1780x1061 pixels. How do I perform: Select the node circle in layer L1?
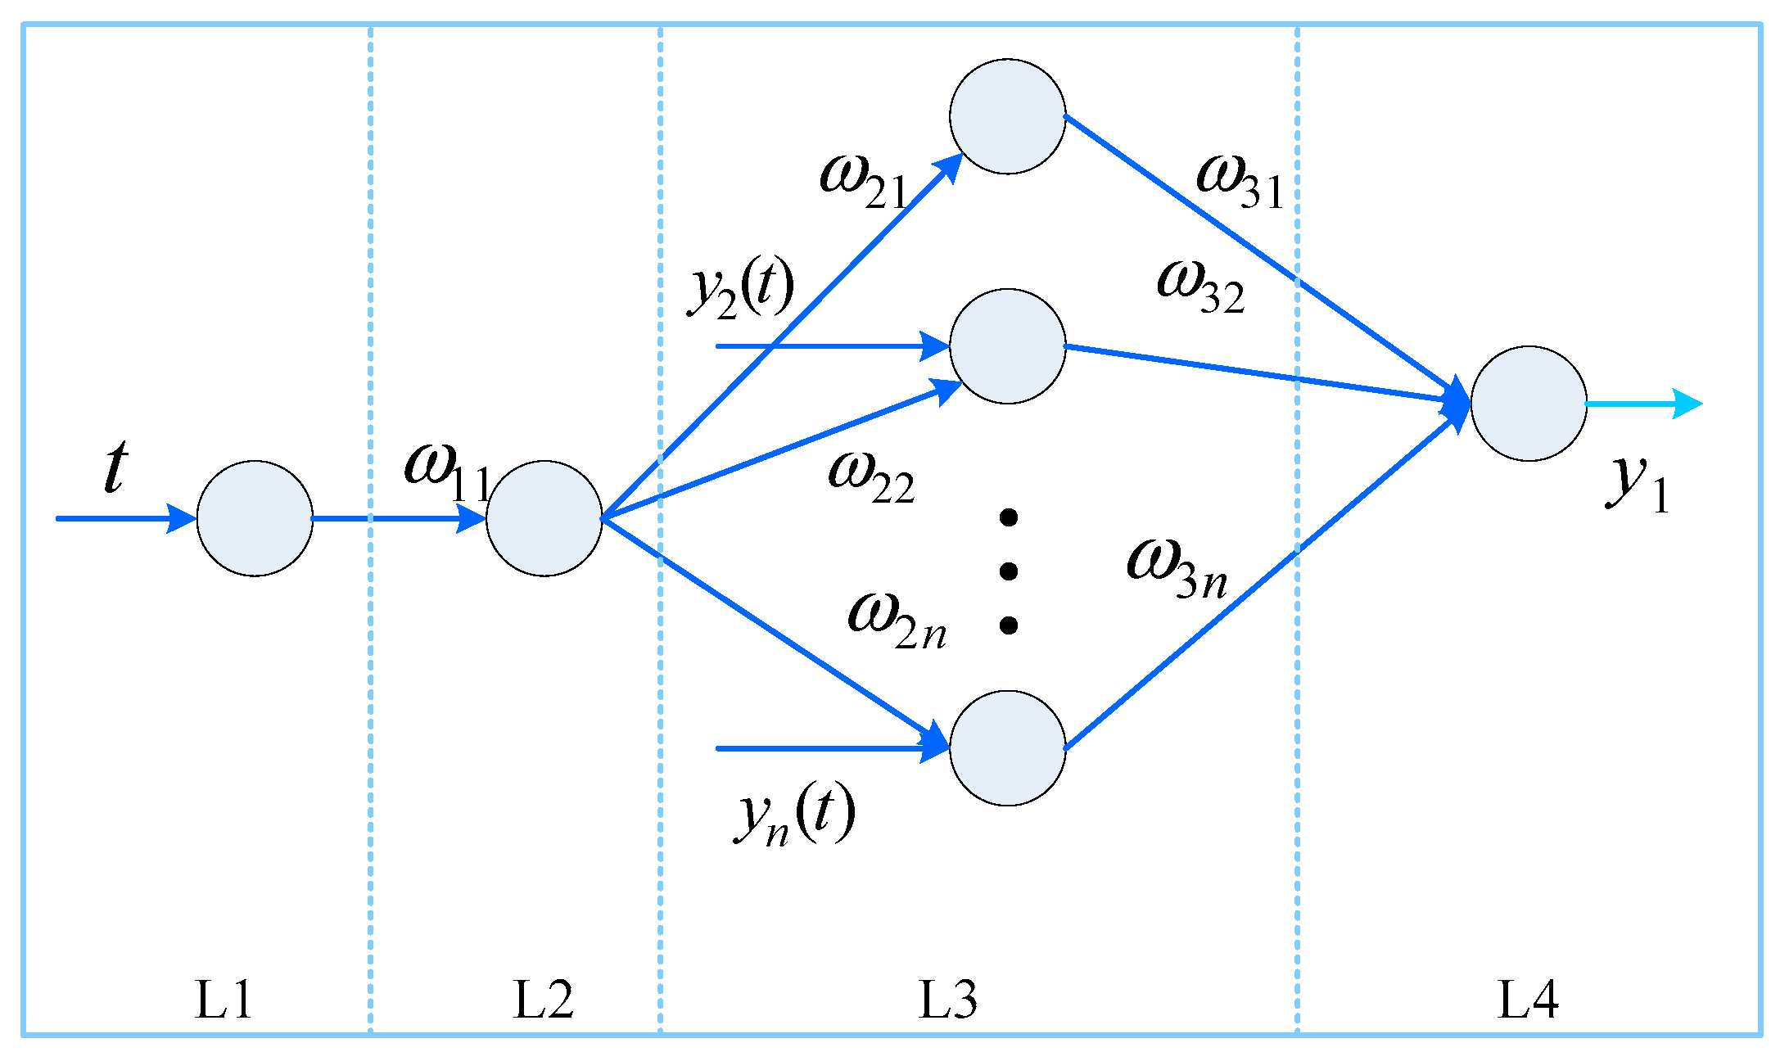pyautogui.click(x=255, y=518)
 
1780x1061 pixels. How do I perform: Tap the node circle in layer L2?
pyautogui.click(x=544, y=518)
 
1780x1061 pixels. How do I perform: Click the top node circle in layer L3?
pyautogui.click(x=1007, y=116)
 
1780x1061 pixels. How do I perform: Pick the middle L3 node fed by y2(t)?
pyautogui.click(x=1007, y=346)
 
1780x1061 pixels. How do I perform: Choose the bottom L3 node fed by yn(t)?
pyautogui.click(x=1007, y=748)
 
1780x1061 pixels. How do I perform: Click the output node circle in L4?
pyautogui.click(x=1528, y=404)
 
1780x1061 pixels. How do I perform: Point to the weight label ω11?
pyautogui.click(x=446, y=473)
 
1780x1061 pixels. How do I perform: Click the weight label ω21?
pyautogui.click(x=864, y=182)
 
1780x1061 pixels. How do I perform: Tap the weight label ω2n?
pyautogui.click(x=897, y=622)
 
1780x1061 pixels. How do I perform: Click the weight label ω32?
pyautogui.click(x=1200, y=287)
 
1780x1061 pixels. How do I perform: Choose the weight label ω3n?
pyautogui.click(x=1177, y=570)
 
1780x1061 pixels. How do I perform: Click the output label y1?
pyautogui.click(x=1636, y=483)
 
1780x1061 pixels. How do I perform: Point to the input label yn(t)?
pyautogui.click(x=794, y=815)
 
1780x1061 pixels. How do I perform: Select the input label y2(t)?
pyautogui.click(x=741, y=291)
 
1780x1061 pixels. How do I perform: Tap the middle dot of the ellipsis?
pyautogui.click(x=1009, y=571)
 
